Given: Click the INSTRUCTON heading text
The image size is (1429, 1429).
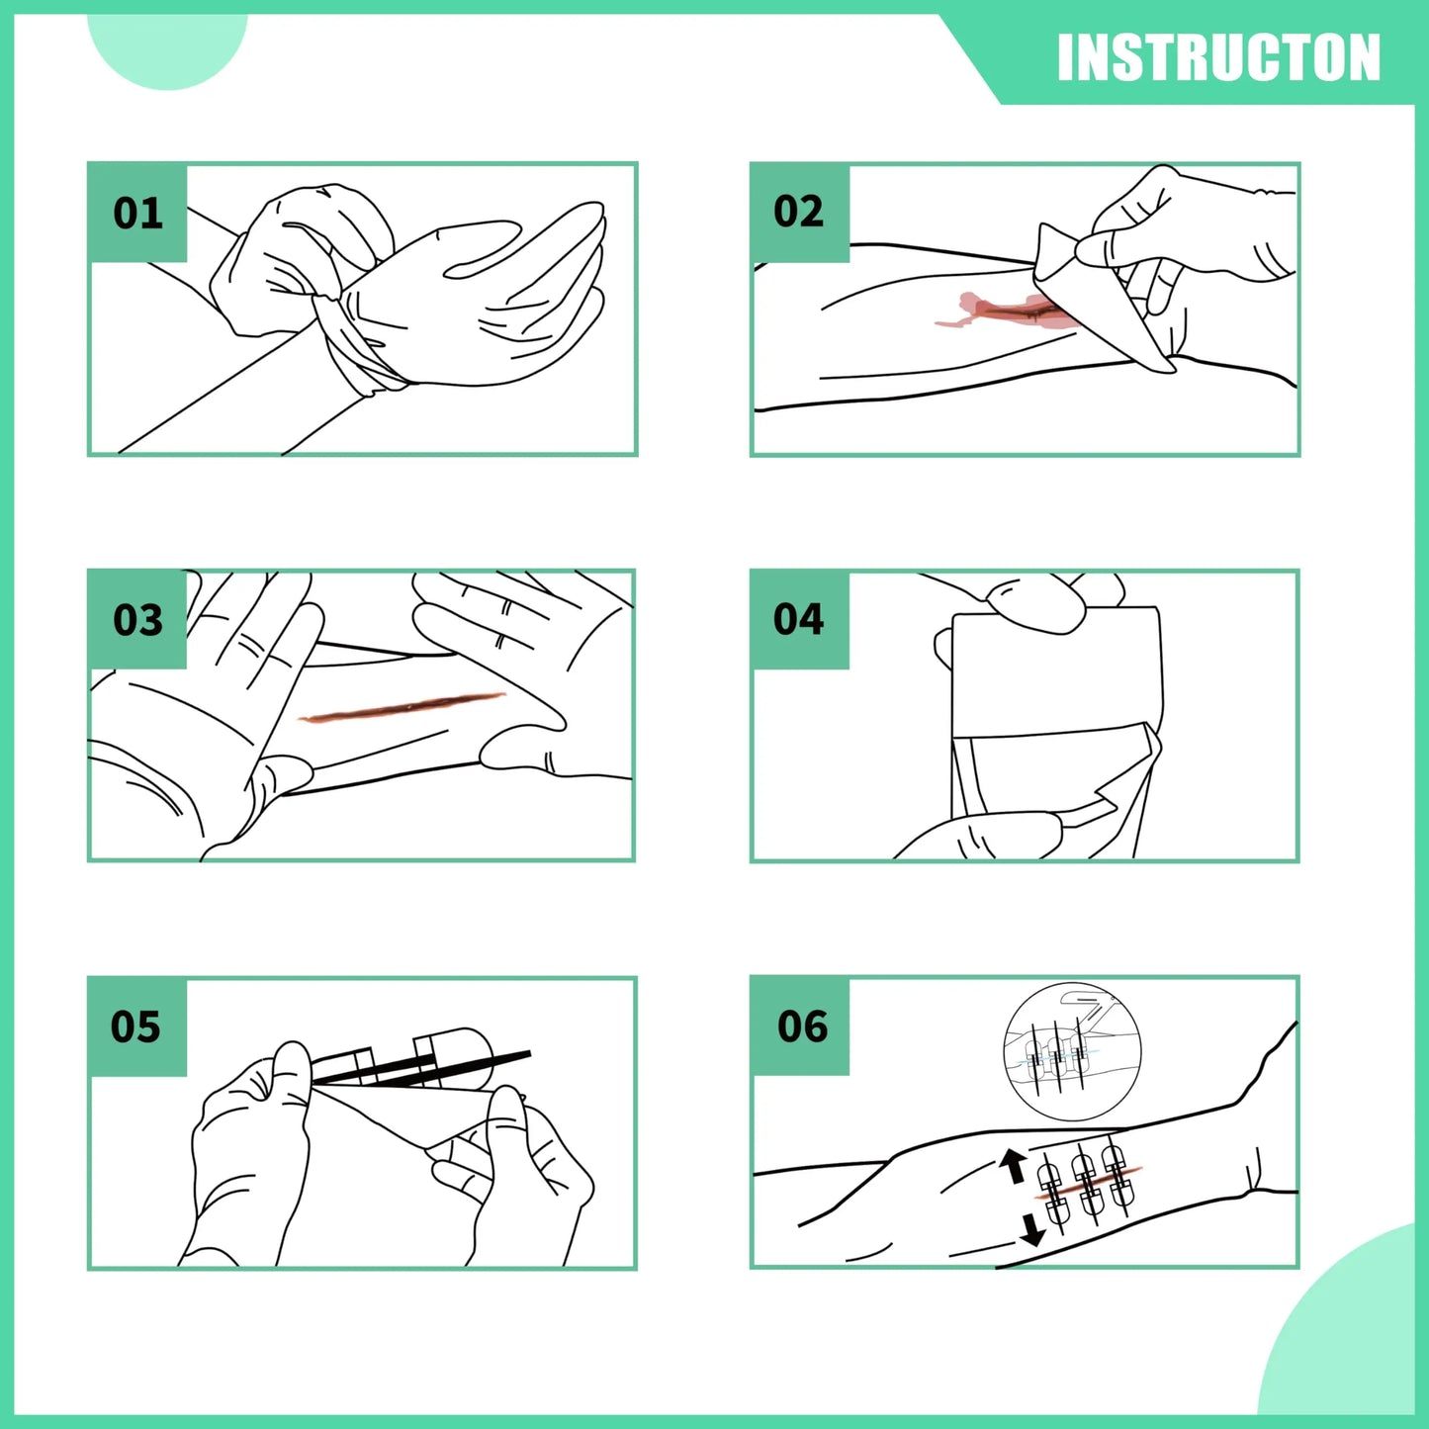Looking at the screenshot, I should coord(1217,57).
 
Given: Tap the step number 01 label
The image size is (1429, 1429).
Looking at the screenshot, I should coord(137,214).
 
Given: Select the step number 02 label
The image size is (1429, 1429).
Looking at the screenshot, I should coord(798,212).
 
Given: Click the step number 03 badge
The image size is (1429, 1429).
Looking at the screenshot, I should coord(137,620).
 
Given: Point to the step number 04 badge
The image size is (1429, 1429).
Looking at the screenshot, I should coord(798,619).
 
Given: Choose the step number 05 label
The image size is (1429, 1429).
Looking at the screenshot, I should coord(135,1027).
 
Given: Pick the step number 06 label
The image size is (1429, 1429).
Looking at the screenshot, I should coord(802,1027).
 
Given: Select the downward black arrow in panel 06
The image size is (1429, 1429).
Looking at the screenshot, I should coord(1031,1228).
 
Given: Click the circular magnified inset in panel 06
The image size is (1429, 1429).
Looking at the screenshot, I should coord(1072,1052).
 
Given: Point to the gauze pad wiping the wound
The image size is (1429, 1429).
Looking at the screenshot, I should coord(1098,297).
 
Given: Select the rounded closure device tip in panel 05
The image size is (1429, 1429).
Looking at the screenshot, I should coord(465,1048).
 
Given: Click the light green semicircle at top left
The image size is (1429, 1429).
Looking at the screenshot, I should coord(166,45).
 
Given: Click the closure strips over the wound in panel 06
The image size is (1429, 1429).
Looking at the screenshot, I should coord(1086,1182).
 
